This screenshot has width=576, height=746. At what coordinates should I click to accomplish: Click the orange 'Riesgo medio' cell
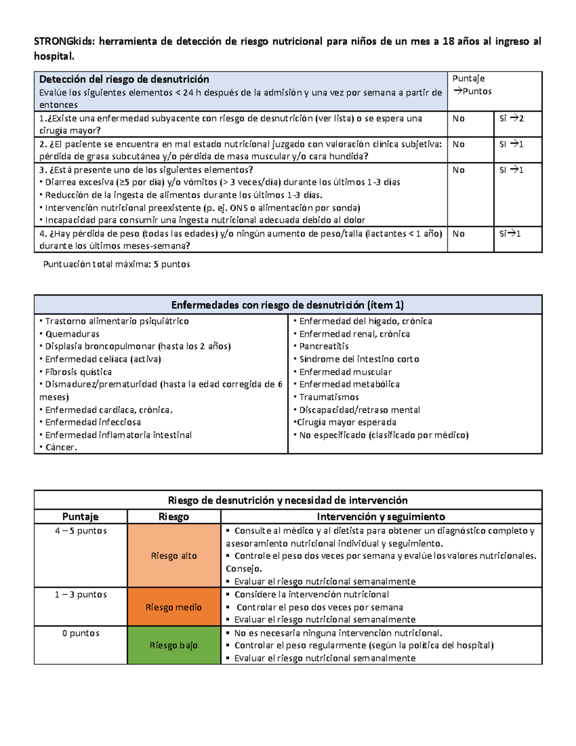(x=174, y=607)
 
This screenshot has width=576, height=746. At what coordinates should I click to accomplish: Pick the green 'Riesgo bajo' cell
(x=174, y=645)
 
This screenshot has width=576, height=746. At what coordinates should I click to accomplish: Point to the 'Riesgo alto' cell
(x=174, y=556)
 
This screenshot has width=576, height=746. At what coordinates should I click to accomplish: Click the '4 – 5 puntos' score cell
(x=81, y=531)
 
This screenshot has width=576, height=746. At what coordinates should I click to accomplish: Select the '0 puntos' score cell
(x=81, y=633)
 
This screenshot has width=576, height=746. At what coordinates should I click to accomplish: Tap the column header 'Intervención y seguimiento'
(x=381, y=517)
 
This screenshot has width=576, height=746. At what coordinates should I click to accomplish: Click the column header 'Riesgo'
(x=174, y=517)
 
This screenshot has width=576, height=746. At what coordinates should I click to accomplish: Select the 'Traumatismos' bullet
(x=329, y=397)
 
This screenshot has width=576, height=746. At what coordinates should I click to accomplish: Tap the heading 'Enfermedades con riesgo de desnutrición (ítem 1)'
(x=288, y=305)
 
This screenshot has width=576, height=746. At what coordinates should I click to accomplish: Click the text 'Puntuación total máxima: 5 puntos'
(x=117, y=264)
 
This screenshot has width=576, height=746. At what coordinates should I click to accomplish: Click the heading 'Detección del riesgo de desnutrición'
(x=124, y=79)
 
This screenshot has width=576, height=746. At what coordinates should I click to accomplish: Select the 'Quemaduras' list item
(x=72, y=334)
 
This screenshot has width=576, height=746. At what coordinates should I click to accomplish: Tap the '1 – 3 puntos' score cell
(x=81, y=595)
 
